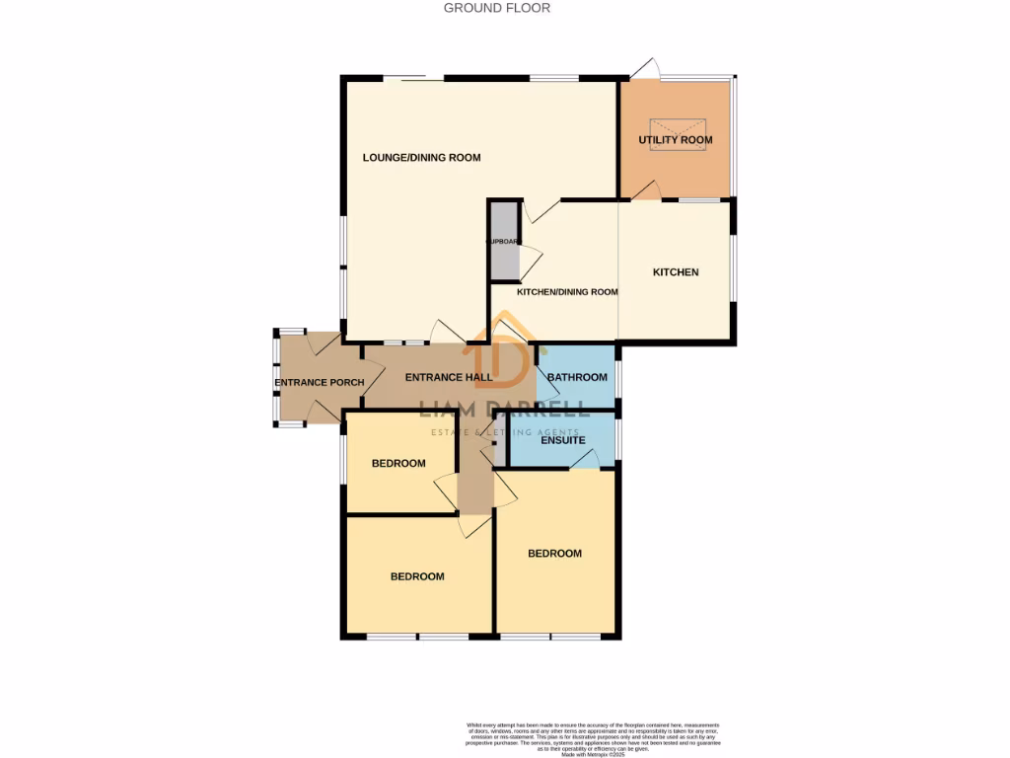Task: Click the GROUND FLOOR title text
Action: coord(497,8)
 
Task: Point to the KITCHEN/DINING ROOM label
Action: coord(567,292)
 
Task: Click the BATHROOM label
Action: coord(577,378)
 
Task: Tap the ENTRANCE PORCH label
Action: coord(319,383)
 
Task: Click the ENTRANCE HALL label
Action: coord(449,377)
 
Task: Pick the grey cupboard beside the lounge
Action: coord(504,240)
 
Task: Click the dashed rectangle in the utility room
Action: coord(678,131)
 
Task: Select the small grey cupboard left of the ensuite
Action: coord(501,439)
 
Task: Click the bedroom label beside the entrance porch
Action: coord(398,464)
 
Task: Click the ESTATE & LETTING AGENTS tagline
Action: coord(505,432)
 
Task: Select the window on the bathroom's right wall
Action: coord(618,378)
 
